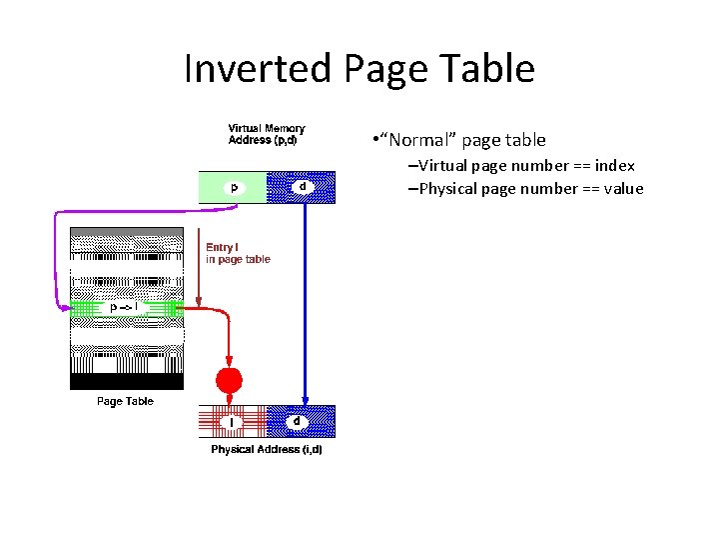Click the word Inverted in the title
coord(259,68)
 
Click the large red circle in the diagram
coord(230,380)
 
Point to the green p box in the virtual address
coord(233,187)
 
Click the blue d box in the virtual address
coord(303,187)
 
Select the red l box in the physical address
coord(233,422)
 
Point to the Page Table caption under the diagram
coord(125,401)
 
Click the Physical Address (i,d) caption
coord(267,450)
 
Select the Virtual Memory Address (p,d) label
coord(266,134)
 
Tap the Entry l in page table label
coord(238,253)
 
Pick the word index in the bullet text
coord(614,165)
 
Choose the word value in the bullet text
coord(623,188)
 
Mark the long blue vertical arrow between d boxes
coord(305,300)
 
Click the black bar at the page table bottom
coord(126,381)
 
